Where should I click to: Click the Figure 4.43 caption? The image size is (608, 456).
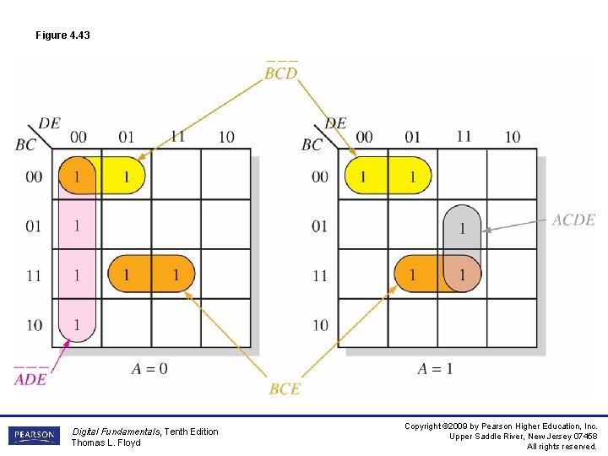coord(62,35)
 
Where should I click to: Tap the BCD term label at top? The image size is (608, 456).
coord(281,73)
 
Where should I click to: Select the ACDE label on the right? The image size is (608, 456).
coord(573,220)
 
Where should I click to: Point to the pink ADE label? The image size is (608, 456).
coord(30,379)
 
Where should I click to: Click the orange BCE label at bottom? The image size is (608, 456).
coord(285,388)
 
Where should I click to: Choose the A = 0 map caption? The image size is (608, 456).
coord(149,368)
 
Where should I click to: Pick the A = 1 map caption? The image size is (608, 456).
coord(435,368)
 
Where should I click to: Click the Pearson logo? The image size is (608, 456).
coord(34,436)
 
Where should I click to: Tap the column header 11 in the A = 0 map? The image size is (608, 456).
coord(176,137)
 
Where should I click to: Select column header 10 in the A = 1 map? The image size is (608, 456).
coord(512,137)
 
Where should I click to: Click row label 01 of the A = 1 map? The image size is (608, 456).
coord(320,226)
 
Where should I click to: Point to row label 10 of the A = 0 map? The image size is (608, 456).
coord(34,325)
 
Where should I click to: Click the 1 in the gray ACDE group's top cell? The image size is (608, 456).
coord(462,227)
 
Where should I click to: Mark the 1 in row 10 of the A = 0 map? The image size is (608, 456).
coord(77,324)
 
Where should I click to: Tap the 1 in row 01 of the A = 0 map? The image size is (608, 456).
coord(77,225)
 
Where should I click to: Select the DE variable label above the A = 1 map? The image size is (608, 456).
coord(335,123)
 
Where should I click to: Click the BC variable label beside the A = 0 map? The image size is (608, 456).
coord(25,144)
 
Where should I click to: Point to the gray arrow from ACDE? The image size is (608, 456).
coord(515,225)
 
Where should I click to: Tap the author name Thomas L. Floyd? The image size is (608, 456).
coord(106,442)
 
